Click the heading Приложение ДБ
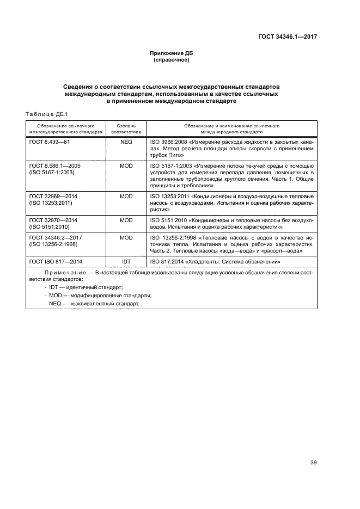pyautogui.click(x=172, y=53)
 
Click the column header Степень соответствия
pyautogui.click(x=126, y=128)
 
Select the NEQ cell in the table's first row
pyautogui.click(x=126, y=141)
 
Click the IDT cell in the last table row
pyautogui.click(x=126, y=262)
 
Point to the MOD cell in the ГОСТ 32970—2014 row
pyautogui.click(x=126, y=220)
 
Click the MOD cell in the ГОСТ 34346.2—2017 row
pyautogui.click(x=126, y=238)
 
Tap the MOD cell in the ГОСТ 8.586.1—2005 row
pyautogui.click(x=126, y=165)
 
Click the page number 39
pyautogui.click(x=313, y=447)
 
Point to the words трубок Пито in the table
pyautogui.click(x=166, y=155)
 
